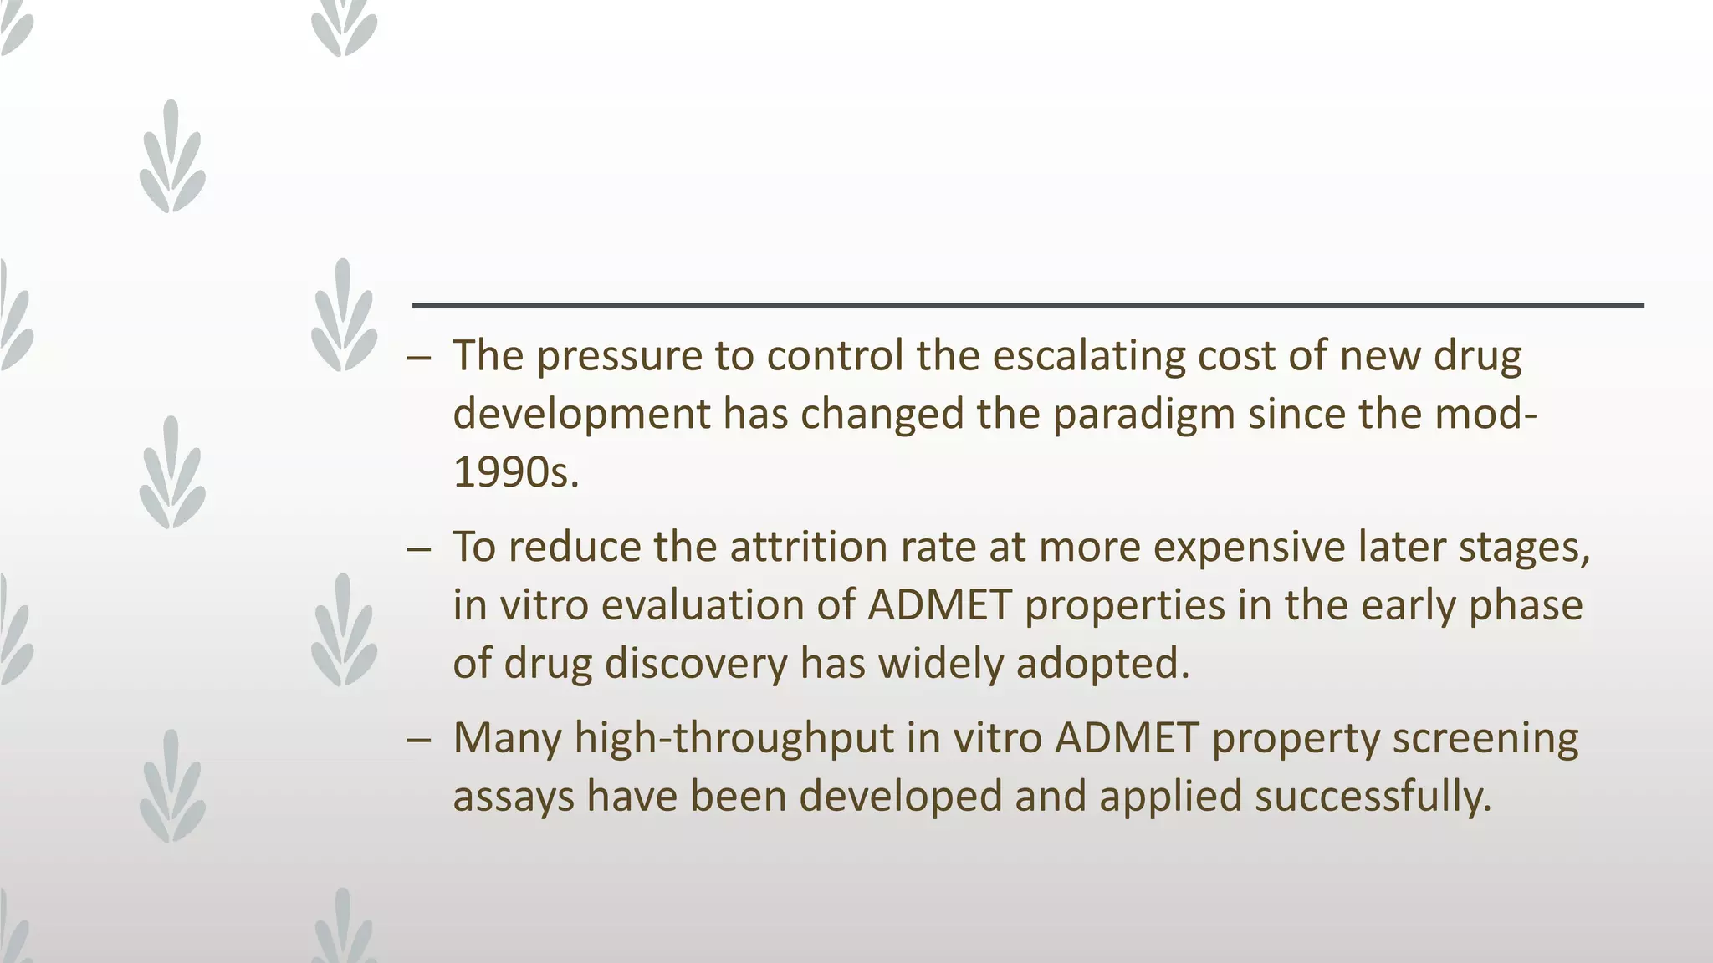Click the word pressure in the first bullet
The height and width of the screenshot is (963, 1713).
(x=618, y=357)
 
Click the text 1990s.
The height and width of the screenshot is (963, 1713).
(x=515, y=472)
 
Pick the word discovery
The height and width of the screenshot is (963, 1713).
(x=696, y=664)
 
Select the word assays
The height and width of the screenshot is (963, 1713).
(x=513, y=797)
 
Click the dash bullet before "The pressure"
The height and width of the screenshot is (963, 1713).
(x=419, y=359)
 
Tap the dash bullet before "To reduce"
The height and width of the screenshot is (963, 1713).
(x=419, y=550)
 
